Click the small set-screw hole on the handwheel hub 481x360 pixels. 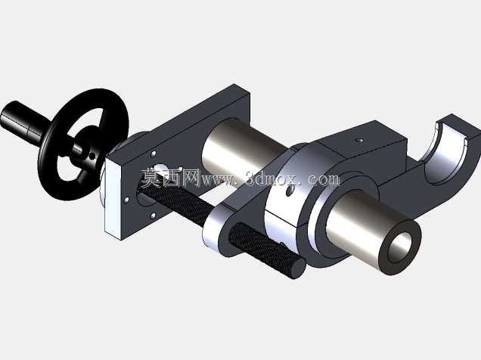click(x=92, y=157)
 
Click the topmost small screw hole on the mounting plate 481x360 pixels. click(x=154, y=154)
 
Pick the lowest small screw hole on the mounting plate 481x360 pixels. click(x=154, y=216)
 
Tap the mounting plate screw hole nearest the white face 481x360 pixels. click(x=126, y=200)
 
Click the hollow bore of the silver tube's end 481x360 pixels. click(x=400, y=247)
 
